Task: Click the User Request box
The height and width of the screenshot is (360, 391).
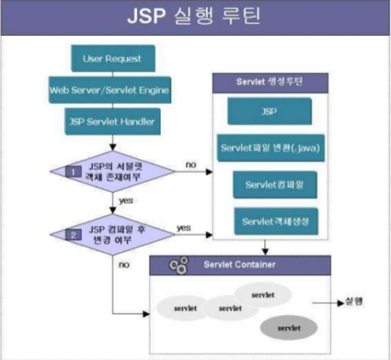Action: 112,60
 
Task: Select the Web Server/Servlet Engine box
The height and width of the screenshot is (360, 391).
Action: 110,90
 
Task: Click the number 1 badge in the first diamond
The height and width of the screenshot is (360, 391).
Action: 75,171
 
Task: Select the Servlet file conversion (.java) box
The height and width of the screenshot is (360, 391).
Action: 269,147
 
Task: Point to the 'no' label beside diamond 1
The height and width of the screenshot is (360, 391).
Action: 190,164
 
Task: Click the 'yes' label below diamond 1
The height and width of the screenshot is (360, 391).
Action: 126,200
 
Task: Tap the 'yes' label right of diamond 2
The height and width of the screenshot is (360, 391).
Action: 184,227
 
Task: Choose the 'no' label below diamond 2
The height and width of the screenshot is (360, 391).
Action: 124,265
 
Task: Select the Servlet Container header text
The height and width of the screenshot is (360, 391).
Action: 239,265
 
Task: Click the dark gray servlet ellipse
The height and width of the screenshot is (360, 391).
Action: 289,326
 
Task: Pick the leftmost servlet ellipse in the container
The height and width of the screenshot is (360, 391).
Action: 184,308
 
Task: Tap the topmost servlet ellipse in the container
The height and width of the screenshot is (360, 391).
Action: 263,293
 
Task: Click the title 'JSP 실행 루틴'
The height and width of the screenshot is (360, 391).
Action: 195,16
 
